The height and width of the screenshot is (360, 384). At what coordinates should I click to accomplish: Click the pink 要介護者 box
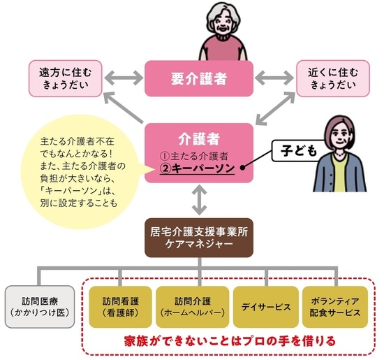pyautogui.click(x=198, y=77)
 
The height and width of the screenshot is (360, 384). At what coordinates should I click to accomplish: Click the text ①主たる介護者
pyautogui.click(x=195, y=155)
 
